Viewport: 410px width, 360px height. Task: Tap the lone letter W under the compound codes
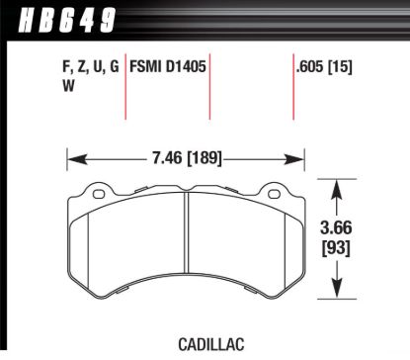coord(53,86)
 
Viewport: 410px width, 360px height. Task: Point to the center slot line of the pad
coord(187,242)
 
